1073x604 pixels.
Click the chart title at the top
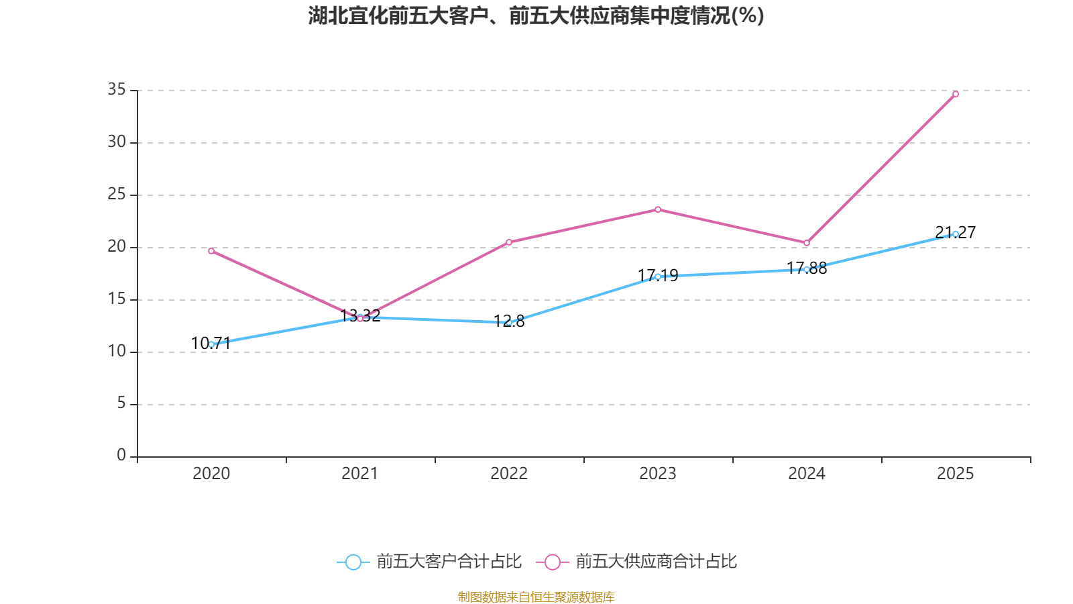point(536,16)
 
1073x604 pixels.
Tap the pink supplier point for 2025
point(956,94)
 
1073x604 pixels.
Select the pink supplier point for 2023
point(658,209)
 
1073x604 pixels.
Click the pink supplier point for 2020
point(211,251)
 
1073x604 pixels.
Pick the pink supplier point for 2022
point(509,242)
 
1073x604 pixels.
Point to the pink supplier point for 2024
point(807,243)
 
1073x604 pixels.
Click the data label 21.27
point(955,232)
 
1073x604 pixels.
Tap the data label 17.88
point(807,268)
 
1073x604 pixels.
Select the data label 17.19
point(658,276)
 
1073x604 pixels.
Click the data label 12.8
point(509,321)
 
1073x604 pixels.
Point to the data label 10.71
point(211,343)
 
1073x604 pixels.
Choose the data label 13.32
point(360,316)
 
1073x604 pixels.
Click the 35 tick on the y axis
point(117,89)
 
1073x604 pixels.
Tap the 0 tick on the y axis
point(121,455)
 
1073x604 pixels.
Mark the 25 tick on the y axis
point(117,194)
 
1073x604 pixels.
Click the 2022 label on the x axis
point(509,474)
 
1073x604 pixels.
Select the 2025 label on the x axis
point(955,474)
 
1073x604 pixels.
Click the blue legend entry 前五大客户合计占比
point(429,561)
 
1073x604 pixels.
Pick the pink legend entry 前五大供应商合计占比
point(636,561)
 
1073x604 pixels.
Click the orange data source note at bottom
point(536,597)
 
